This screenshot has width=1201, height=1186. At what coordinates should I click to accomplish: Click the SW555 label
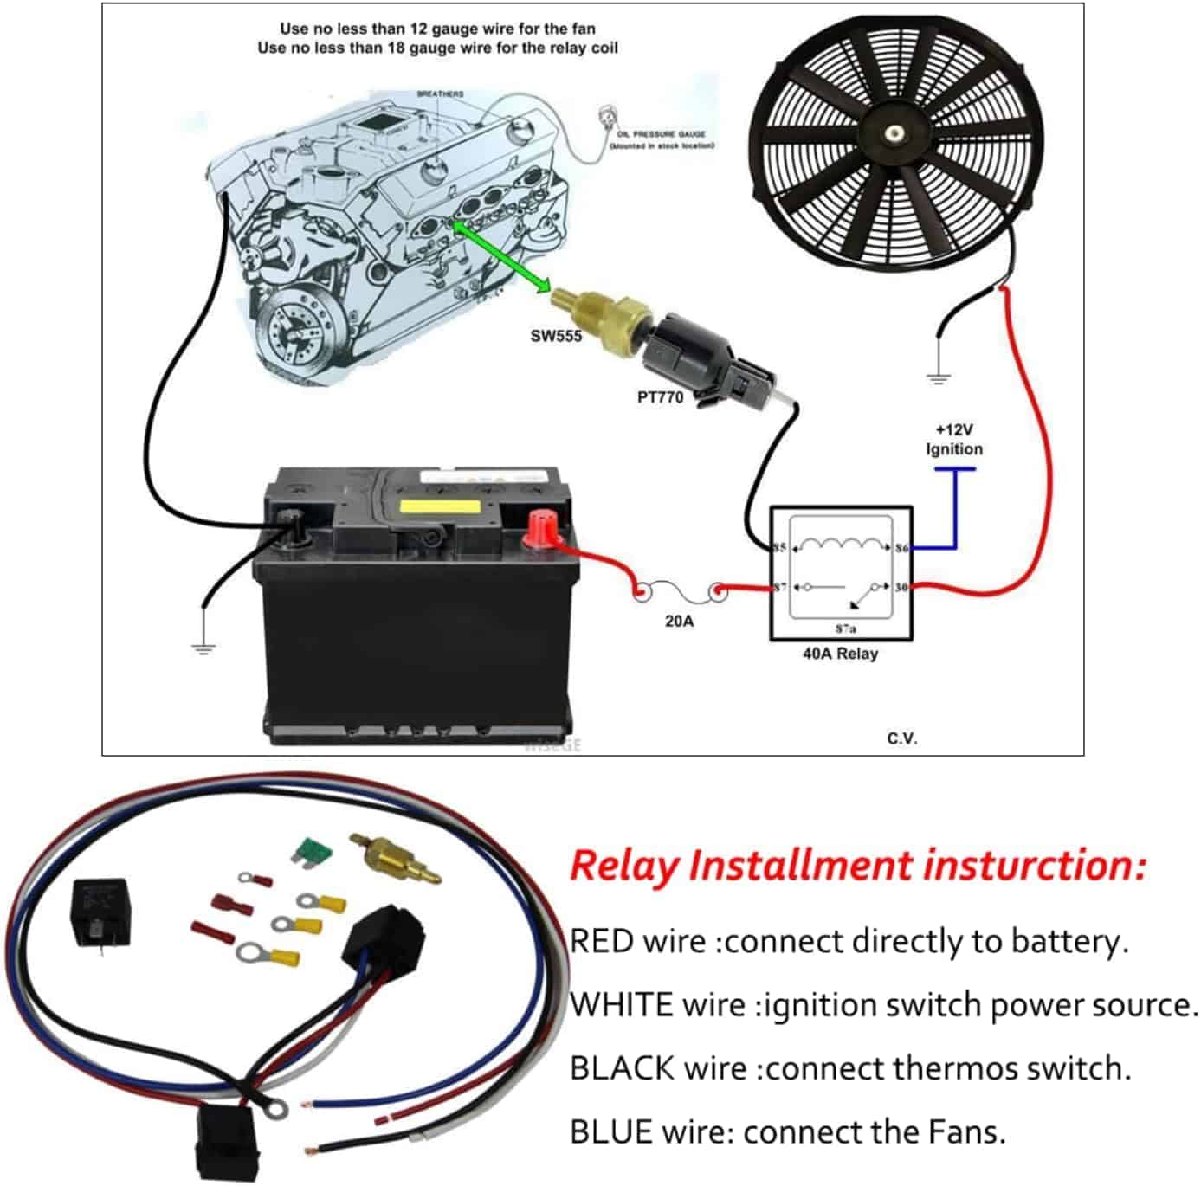tap(555, 336)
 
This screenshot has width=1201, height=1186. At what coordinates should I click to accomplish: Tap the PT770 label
tap(660, 397)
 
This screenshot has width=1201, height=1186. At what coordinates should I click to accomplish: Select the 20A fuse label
tap(679, 621)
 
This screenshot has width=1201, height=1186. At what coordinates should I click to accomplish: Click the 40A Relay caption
tap(839, 654)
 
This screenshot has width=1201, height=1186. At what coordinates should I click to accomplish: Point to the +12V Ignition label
tap(953, 440)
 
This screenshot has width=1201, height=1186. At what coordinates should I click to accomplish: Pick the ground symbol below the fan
tap(938, 377)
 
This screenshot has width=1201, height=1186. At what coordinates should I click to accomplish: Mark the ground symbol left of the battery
tap(203, 647)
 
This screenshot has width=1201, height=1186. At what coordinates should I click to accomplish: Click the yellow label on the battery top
tap(439, 507)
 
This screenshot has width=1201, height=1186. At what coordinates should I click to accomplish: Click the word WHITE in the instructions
tap(622, 1005)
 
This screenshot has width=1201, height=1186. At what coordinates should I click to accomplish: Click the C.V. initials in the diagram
tap(901, 738)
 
